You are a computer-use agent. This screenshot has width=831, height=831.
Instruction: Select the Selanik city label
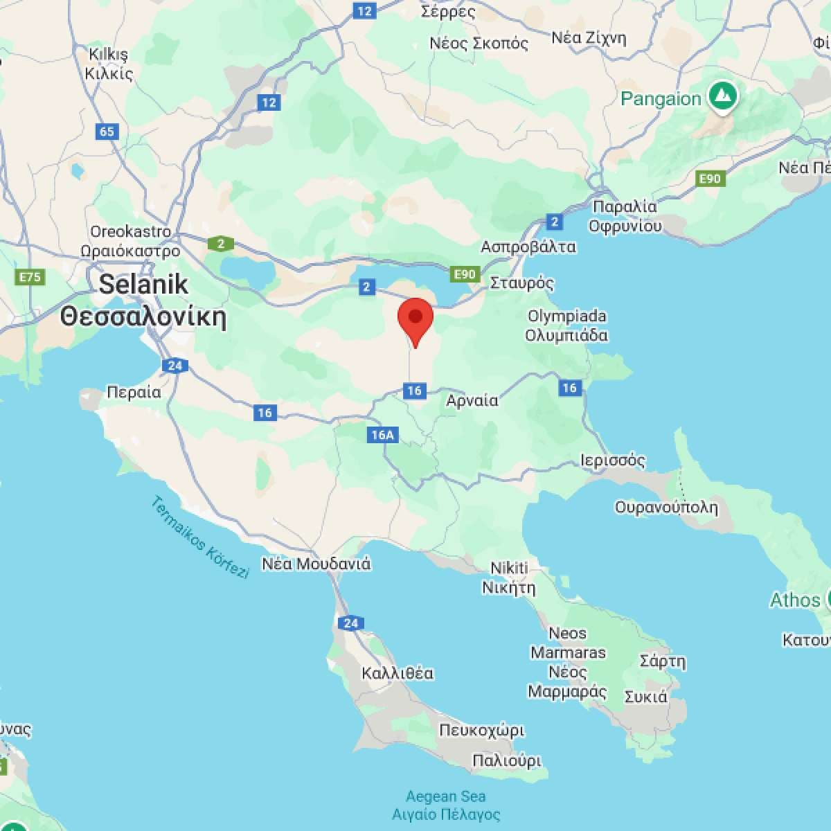[x=143, y=284]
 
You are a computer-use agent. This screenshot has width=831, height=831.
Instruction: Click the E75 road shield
[x=30, y=278]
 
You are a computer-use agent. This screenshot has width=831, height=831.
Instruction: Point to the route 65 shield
[x=107, y=132]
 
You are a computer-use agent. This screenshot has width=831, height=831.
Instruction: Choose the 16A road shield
[x=382, y=435]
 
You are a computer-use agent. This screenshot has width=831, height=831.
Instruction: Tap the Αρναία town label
[x=472, y=400]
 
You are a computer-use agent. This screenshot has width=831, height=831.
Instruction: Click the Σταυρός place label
[x=522, y=283]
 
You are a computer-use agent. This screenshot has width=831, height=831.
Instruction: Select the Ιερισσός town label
[x=613, y=461]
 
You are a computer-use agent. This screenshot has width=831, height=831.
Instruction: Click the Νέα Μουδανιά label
[x=316, y=564]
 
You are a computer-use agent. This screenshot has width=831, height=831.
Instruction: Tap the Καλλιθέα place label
[x=397, y=673]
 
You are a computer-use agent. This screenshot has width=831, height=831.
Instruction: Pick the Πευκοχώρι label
[x=482, y=731]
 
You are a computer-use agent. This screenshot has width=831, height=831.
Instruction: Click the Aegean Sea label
[x=446, y=796]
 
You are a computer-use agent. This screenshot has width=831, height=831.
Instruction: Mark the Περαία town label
[x=134, y=393]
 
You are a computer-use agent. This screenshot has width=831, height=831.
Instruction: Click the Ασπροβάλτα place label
[x=528, y=247]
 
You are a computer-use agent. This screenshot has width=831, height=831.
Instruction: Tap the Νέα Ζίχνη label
[x=589, y=37]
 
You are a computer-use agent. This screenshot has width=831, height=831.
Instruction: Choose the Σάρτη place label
[x=663, y=661]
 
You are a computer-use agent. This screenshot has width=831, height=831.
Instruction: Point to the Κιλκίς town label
[x=109, y=73]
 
